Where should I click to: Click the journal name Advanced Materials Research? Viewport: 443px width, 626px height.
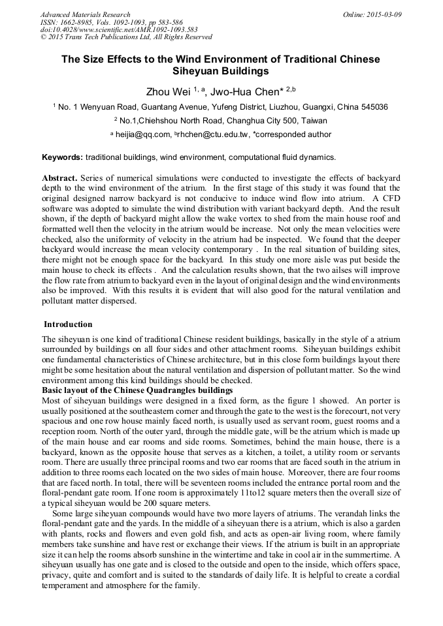[x=85, y=14]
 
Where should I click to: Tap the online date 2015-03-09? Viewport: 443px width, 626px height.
[x=383, y=14]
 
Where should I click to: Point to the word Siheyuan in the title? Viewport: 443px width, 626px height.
[x=196, y=70]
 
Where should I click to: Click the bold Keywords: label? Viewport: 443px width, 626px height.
[x=62, y=157]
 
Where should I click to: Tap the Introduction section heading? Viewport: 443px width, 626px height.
[x=68, y=324]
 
